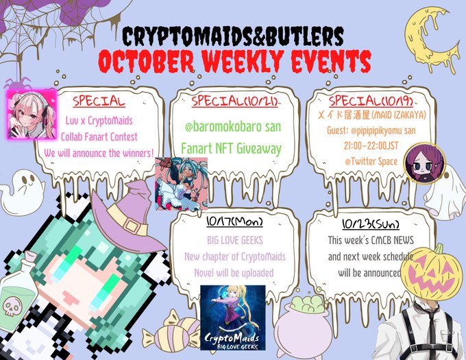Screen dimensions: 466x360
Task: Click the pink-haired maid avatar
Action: click(x=32, y=115)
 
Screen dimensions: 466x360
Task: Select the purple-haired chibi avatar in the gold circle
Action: click(x=425, y=163)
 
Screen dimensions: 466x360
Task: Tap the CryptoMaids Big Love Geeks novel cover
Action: click(x=233, y=317)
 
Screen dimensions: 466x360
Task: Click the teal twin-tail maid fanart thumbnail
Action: click(x=182, y=184)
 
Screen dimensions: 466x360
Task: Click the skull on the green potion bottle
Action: click(x=10, y=307)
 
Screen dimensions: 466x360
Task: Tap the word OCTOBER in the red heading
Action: click(x=146, y=62)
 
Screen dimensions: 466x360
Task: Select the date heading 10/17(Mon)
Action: click(x=235, y=221)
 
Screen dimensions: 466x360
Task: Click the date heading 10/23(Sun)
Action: click(x=371, y=224)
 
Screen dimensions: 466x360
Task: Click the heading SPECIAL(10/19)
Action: click(x=371, y=101)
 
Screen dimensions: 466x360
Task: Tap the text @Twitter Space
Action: click(x=371, y=161)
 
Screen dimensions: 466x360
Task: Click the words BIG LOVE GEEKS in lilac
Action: click(x=235, y=240)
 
